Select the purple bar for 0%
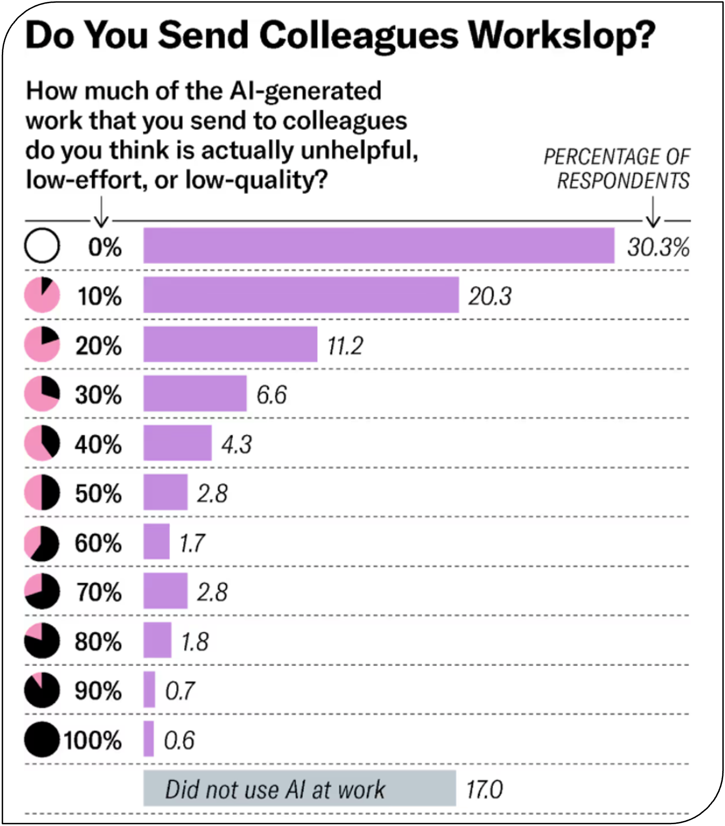click(379, 246)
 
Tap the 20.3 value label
click(489, 296)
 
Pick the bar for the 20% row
click(230, 344)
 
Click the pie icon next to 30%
click(42, 394)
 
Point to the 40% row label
click(99, 444)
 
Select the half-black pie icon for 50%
click(42, 493)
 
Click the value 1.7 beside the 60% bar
click(192, 543)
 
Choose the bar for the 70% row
click(166, 591)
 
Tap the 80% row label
click(99, 641)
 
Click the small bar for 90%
click(149, 690)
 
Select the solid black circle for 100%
click(42, 739)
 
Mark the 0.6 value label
click(179, 740)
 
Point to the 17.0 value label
click(484, 789)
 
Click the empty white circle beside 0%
click(42, 246)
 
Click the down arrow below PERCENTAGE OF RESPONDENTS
click(653, 212)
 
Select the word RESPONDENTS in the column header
click(623, 180)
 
